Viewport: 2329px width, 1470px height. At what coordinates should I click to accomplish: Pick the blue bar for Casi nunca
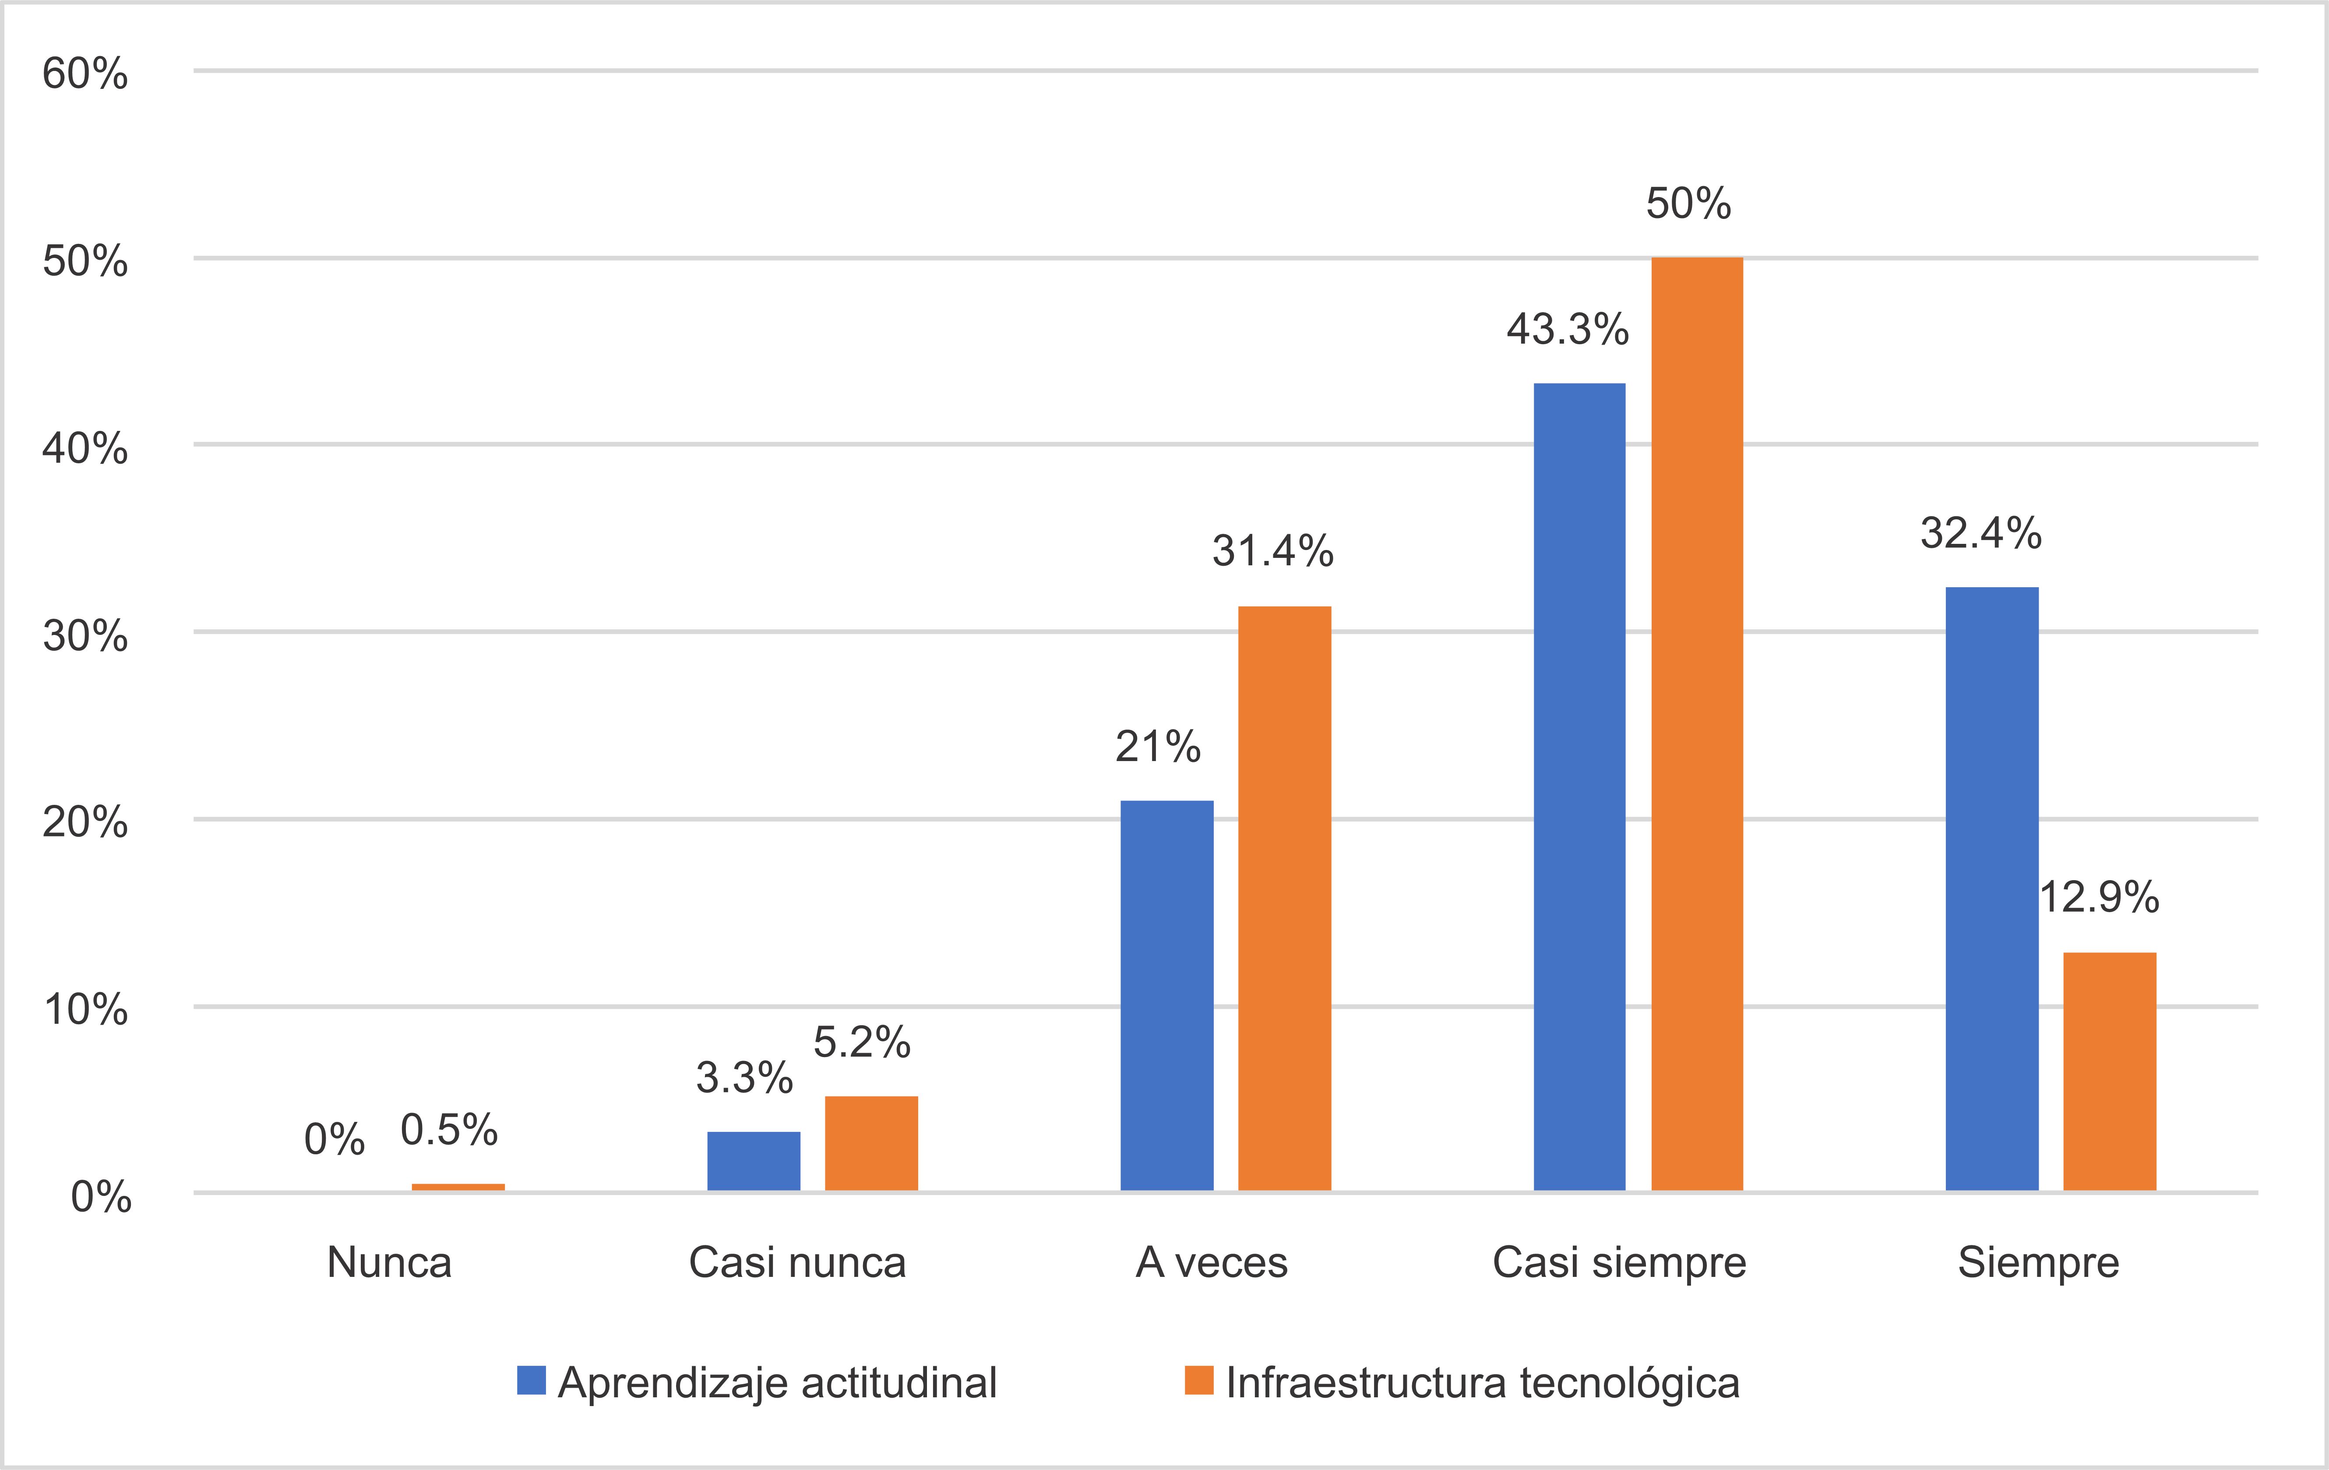[x=754, y=1160]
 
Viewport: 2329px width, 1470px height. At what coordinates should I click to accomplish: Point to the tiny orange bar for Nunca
[x=458, y=1187]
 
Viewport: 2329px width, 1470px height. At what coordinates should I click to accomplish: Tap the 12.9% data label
[x=2099, y=898]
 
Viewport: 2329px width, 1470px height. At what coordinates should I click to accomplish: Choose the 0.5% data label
[x=449, y=1130]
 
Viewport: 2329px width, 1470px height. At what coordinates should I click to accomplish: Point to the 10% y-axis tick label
[x=85, y=1010]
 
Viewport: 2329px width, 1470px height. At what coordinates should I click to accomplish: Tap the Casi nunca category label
[x=797, y=1262]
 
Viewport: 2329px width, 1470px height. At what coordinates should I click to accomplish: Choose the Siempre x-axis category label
[x=2038, y=1262]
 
